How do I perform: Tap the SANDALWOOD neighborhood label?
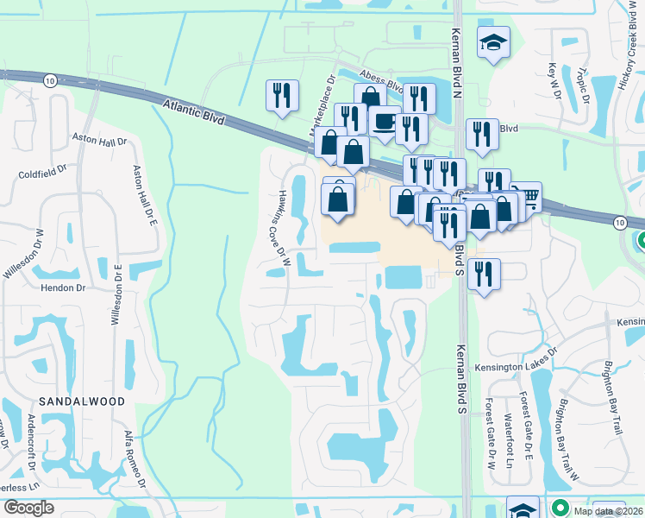pyautogui.click(x=81, y=401)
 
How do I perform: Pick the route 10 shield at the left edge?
pyautogui.click(x=51, y=79)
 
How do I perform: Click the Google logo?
pyautogui.click(x=28, y=508)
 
